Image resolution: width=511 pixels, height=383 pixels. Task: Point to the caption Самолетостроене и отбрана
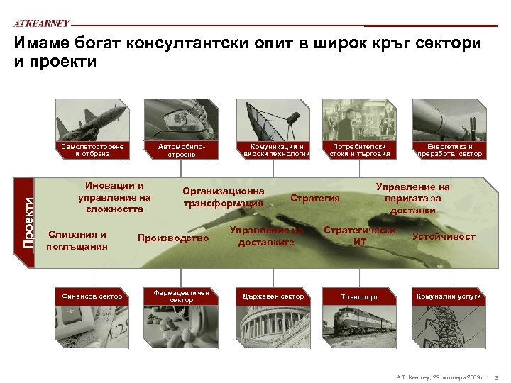(92, 150)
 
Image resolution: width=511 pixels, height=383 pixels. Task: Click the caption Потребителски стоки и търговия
(359, 150)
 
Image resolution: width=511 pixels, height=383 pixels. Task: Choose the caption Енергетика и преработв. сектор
(450, 150)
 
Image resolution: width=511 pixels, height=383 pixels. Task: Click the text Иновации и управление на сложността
(114, 197)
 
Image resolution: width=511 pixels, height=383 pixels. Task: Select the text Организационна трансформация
(223, 197)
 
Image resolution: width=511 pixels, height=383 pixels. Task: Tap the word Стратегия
(315, 198)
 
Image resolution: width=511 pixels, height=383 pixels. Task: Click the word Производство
(173, 238)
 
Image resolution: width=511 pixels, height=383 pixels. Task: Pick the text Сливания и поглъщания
(76, 240)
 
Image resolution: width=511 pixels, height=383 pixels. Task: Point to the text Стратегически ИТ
(359, 236)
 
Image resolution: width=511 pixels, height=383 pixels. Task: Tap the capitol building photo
(273, 323)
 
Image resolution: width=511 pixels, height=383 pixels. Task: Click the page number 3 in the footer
(496, 375)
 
